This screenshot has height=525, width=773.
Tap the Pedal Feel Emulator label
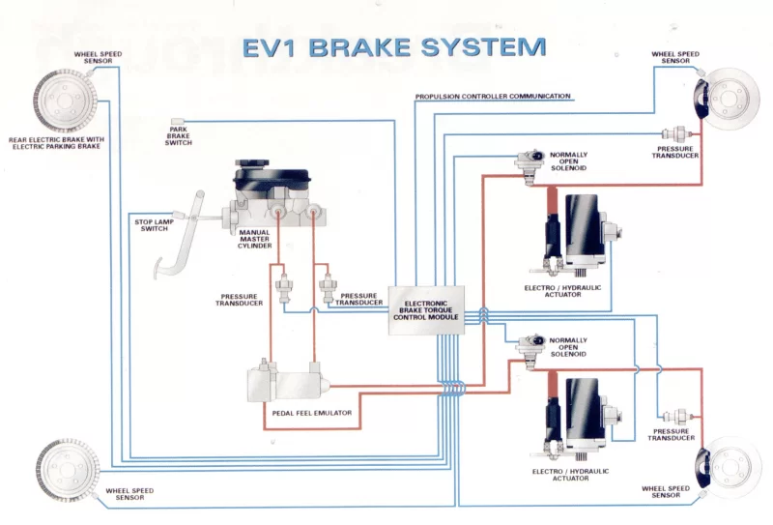[311, 413]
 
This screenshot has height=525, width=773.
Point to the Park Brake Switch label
[179, 136]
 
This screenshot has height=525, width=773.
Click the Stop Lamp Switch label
[152, 225]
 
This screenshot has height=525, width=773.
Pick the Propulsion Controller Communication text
[493, 97]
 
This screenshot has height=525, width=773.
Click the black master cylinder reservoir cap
[272, 178]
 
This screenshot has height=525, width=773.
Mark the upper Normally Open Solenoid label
[568, 161]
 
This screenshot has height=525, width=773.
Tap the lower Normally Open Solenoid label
[568, 347]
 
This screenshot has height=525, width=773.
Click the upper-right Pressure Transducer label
[674, 152]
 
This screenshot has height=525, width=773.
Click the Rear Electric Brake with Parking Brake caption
[55, 143]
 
